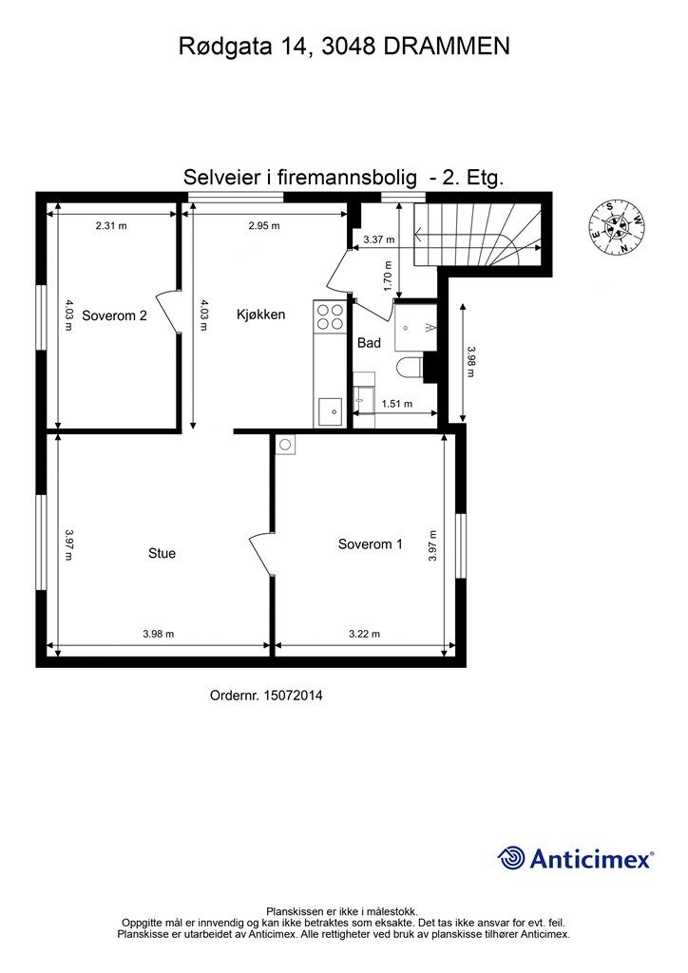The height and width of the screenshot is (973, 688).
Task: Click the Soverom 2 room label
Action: pos(114,315)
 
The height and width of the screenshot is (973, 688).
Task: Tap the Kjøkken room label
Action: pos(261,314)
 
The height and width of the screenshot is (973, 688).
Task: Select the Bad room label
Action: pos(369,342)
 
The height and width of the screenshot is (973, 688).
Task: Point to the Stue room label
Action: pos(162,553)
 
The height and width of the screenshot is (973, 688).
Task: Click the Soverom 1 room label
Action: pos(371,544)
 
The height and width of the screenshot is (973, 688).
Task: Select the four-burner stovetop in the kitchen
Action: pos(329,316)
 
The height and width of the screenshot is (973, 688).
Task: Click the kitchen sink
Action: pos(330,411)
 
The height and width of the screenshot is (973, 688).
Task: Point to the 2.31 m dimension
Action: pos(111,226)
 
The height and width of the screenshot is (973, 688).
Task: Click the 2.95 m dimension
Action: pos(264,226)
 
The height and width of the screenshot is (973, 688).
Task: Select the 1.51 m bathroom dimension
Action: pos(396,404)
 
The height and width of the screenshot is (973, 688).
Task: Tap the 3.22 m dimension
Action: pos(364,634)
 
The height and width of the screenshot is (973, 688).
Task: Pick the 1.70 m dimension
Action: pos(388,281)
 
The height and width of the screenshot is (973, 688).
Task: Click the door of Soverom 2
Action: pos(169,311)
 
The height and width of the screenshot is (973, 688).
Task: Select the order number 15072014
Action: pos(266,696)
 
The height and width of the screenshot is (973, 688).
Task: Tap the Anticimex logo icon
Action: pos(511,858)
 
